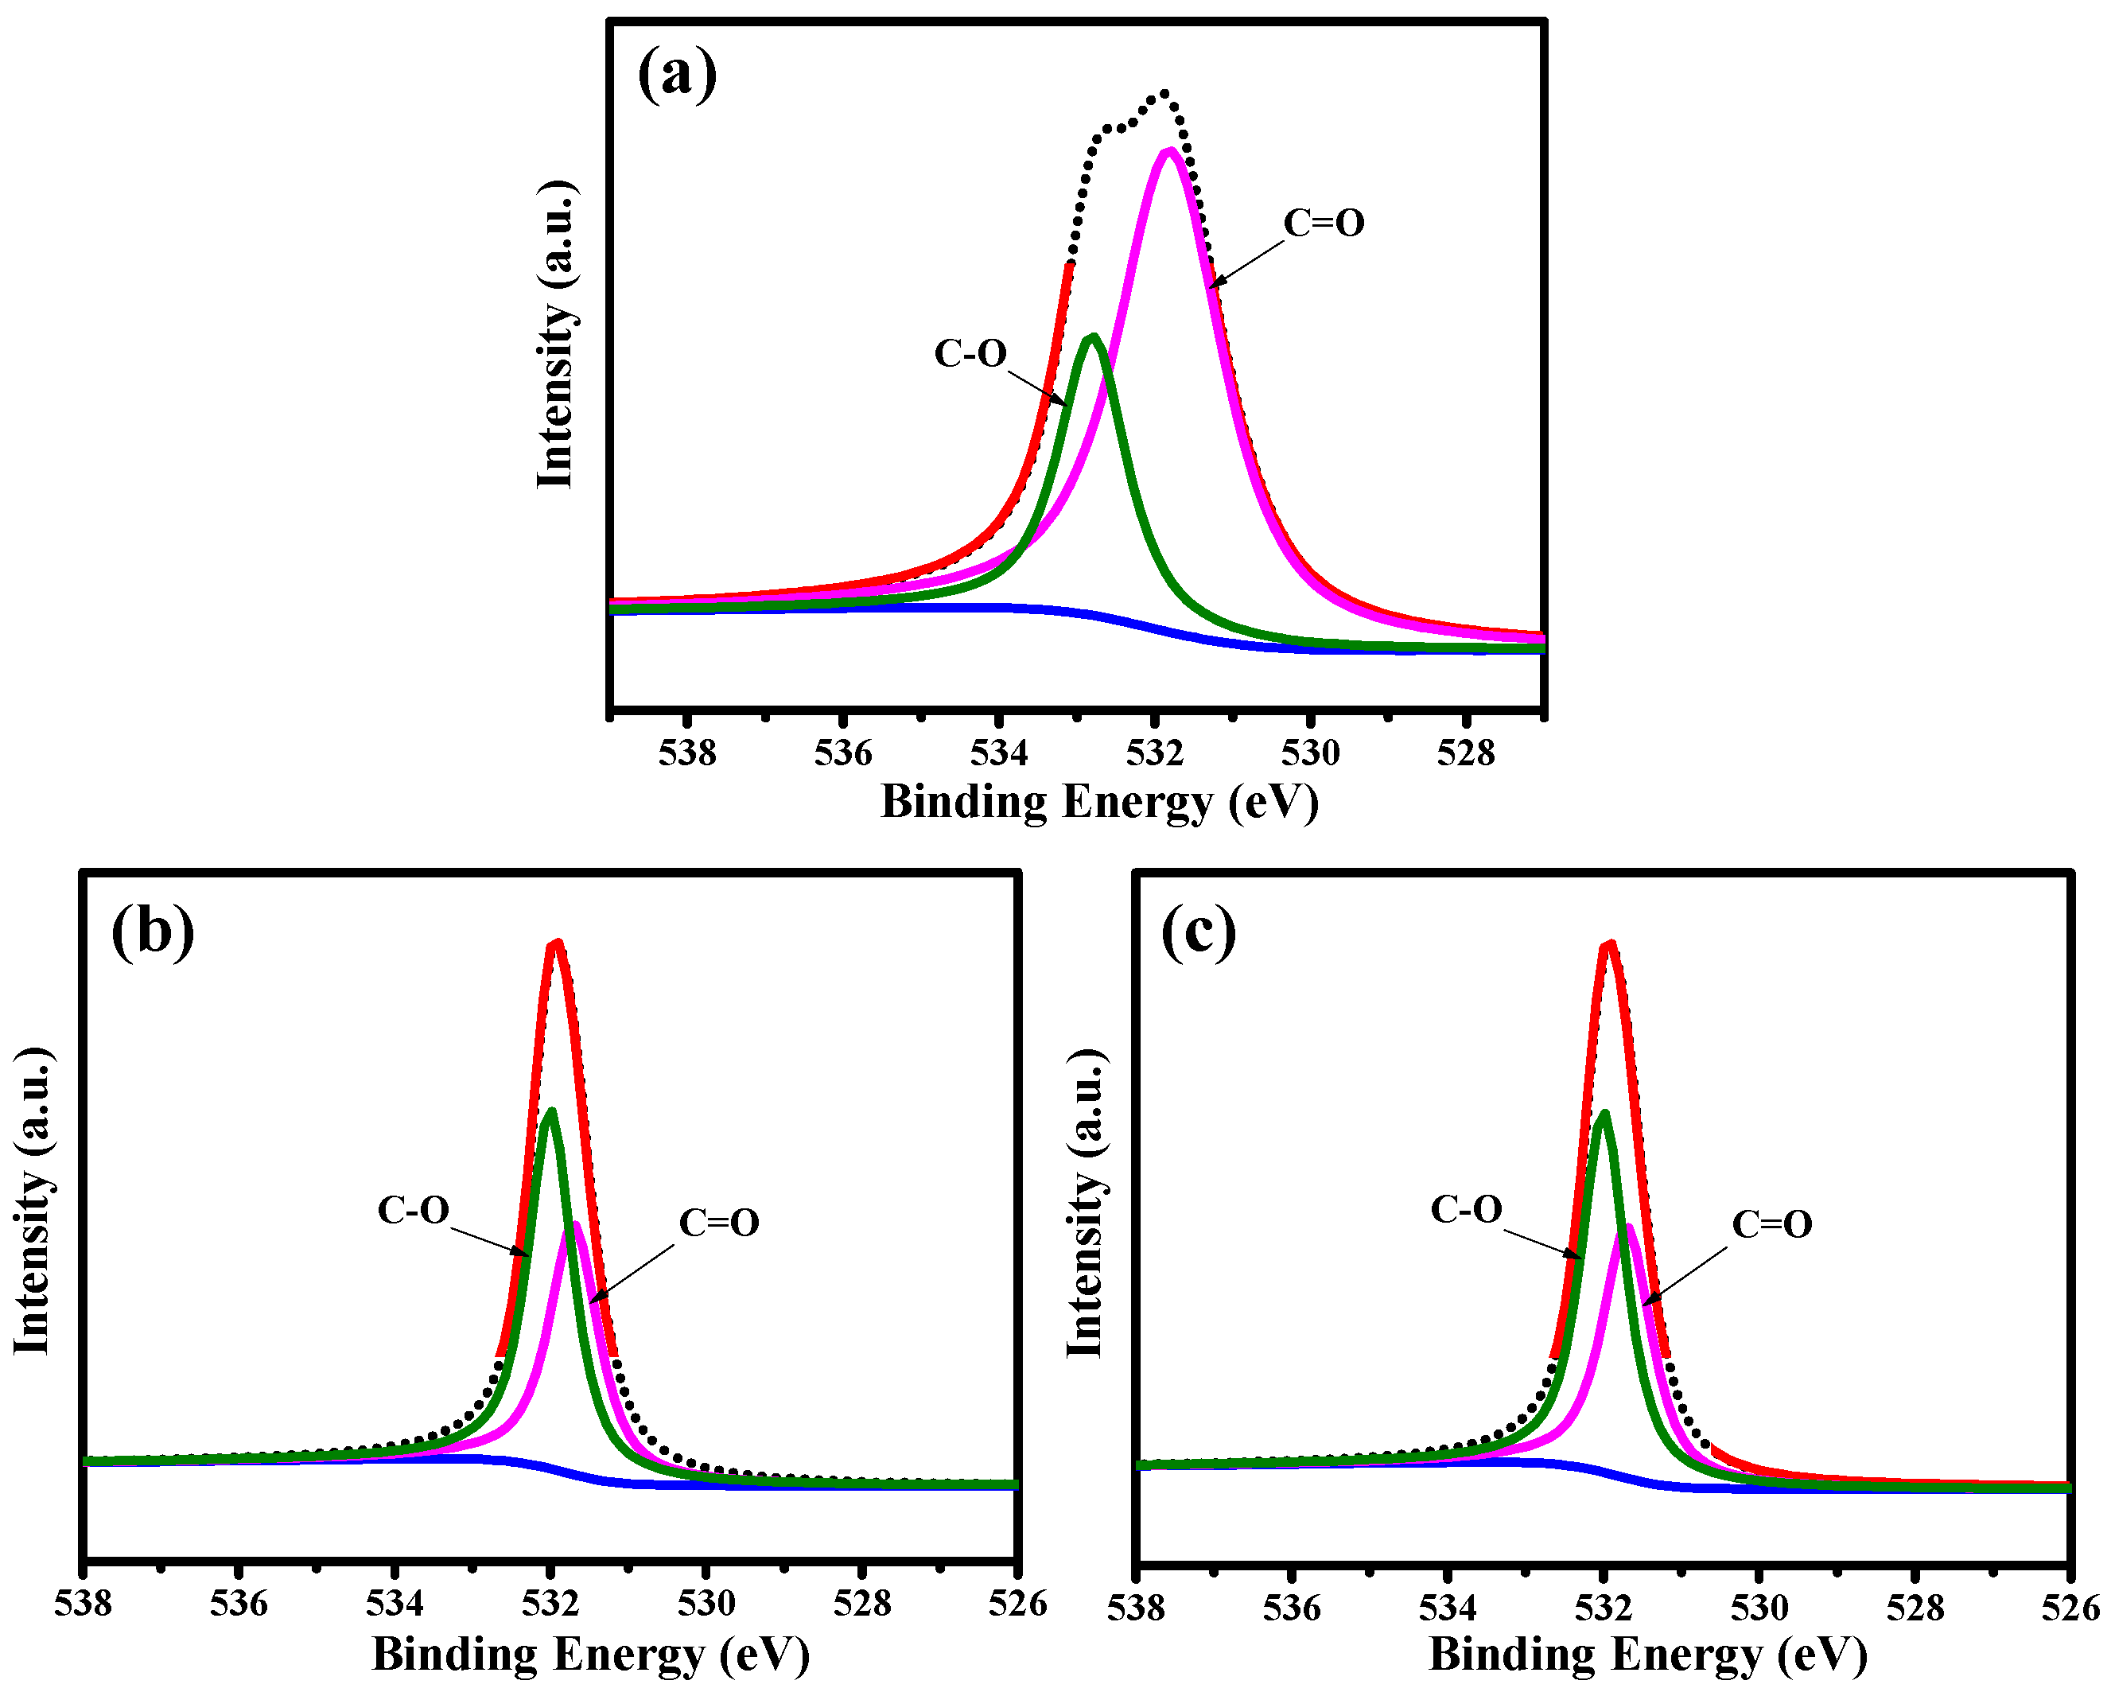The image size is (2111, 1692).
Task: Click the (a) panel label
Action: point(677,76)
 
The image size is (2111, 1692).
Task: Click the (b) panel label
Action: point(152,932)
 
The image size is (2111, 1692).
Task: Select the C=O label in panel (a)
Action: point(1324,224)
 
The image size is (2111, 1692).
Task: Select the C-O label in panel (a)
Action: point(970,353)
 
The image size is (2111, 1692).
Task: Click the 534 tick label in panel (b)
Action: point(394,1604)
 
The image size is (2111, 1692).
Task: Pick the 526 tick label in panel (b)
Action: point(1017,1604)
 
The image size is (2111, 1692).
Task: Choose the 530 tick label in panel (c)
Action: point(1759,1608)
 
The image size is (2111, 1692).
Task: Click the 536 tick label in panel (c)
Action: point(1292,1608)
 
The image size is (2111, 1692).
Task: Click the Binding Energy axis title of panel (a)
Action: point(1099,802)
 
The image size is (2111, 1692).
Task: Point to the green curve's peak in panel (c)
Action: point(1603,1114)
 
